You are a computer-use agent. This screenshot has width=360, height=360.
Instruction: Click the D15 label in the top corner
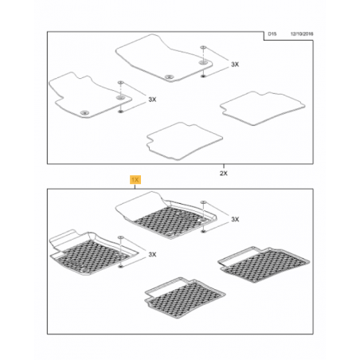(x=272, y=34)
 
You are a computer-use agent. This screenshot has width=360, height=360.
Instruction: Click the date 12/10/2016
(x=302, y=34)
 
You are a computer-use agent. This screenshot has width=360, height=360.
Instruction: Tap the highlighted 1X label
(x=135, y=180)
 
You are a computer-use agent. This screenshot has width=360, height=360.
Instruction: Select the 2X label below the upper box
(x=224, y=174)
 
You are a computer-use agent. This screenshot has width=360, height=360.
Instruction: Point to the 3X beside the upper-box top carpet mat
(x=235, y=65)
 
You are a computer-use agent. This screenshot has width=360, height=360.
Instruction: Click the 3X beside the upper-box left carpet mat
(x=152, y=100)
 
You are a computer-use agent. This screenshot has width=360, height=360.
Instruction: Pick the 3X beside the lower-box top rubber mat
(x=235, y=219)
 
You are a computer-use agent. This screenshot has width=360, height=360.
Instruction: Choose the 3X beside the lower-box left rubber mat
(x=152, y=254)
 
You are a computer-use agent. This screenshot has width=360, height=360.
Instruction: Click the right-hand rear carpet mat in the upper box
(x=262, y=108)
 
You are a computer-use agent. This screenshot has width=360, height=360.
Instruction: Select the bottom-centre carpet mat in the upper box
(x=184, y=141)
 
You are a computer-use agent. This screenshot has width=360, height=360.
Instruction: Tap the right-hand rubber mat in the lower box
(x=264, y=264)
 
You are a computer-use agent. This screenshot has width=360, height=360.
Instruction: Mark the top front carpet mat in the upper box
(x=164, y=58)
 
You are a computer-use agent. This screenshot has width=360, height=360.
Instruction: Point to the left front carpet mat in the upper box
(x=90, y=95)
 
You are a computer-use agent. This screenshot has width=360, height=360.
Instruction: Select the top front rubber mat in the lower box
(x=166, y=215)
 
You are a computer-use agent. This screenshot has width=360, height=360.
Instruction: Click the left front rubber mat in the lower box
(x=93, y=252)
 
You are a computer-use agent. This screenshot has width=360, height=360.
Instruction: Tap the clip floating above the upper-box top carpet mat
(x=203, y=48)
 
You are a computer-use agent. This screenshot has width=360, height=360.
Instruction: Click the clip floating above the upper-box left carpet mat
(x=120, y=83)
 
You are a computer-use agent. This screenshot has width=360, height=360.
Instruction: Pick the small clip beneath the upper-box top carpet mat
(x=203, y=76)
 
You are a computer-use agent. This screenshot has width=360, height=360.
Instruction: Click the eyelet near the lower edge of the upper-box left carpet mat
(x=84, y=112)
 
